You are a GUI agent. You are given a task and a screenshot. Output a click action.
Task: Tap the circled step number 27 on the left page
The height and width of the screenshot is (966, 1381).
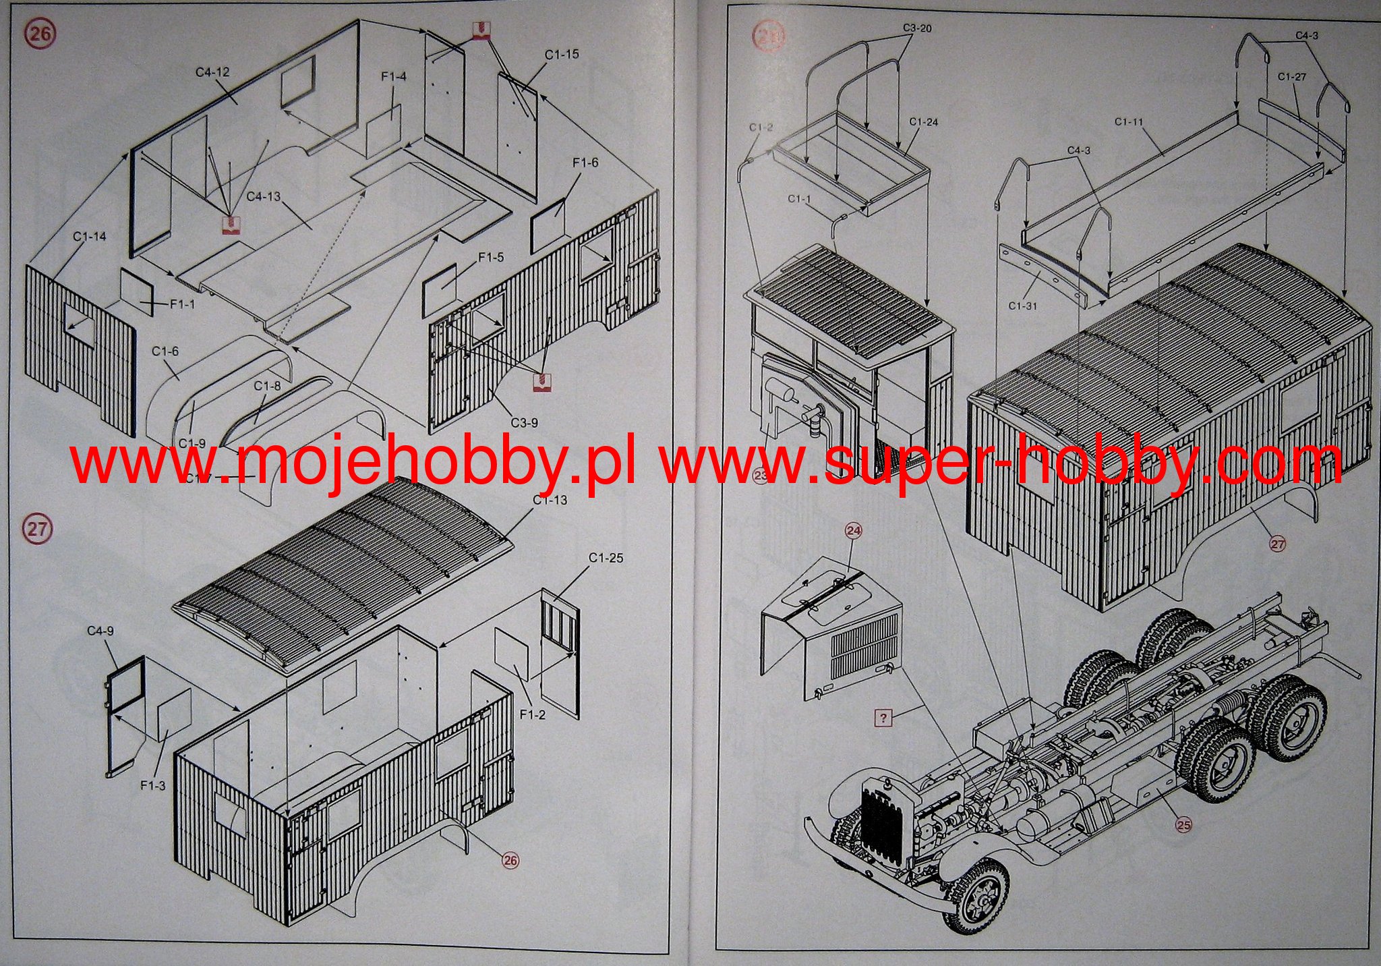[37, 528]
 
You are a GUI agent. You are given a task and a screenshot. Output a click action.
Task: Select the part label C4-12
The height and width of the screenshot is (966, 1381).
[213, 72]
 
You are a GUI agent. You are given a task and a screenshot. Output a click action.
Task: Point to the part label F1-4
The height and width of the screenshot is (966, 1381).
[394, 77]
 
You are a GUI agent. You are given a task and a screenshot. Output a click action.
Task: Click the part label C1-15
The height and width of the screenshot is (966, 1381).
[562, 54]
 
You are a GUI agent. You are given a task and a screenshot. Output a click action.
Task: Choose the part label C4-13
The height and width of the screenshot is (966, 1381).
[263, 196]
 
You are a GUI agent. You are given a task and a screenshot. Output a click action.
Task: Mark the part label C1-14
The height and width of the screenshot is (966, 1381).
[90, 236]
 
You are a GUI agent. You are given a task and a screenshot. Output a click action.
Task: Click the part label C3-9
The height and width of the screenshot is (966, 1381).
[523, 423]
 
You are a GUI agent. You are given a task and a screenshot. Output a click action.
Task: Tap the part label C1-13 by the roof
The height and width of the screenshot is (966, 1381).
[550, 500]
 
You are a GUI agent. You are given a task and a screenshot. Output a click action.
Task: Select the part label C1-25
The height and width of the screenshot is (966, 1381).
[606, 558]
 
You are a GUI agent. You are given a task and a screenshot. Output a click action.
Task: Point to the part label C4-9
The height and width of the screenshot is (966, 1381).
[100, 631]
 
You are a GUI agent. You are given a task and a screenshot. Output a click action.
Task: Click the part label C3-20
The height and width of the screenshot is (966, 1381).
[917, 28]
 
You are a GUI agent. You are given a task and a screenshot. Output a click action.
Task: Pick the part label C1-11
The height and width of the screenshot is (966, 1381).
[1129, 122]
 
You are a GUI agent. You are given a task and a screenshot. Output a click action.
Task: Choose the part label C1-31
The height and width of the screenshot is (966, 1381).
[1023, 306]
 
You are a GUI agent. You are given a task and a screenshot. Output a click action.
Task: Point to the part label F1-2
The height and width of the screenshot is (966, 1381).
[532, 714]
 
